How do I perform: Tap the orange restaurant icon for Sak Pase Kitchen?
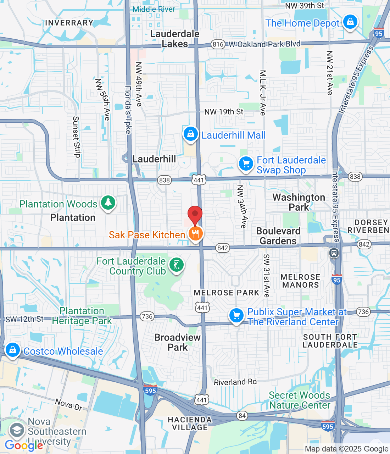[x=195, y=234]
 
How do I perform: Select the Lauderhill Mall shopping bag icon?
[x=190, y=134]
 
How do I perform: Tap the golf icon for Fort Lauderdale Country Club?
[x=176, y=265]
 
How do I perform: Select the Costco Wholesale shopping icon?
[x=13, y=350]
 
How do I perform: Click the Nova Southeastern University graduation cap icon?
[x=17, y=430]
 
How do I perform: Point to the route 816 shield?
[x=218, y=44]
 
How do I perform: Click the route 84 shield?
[x=242, y=416]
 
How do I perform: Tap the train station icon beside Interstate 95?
[x=334, y=253]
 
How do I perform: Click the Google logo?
[x=24, y=445]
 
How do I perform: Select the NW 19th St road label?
[x=224, y=112]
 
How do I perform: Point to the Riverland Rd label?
[x=235, y=382]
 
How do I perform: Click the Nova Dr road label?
[x=68, y=404]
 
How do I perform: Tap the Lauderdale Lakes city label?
[x=175, y=39]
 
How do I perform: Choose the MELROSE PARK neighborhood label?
[x=227, y=293]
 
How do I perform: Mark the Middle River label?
[x=154, y=9]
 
